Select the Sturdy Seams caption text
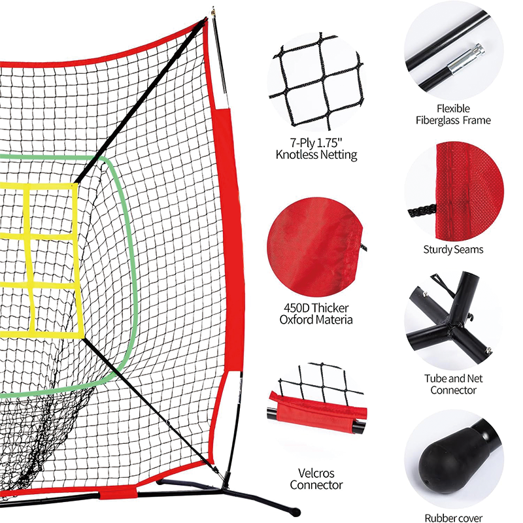pos(453,250)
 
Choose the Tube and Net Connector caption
pos(453,384)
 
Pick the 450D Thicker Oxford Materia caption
pos(316,314)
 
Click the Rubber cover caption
pos(453,518)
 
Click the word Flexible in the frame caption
pos(453,109)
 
